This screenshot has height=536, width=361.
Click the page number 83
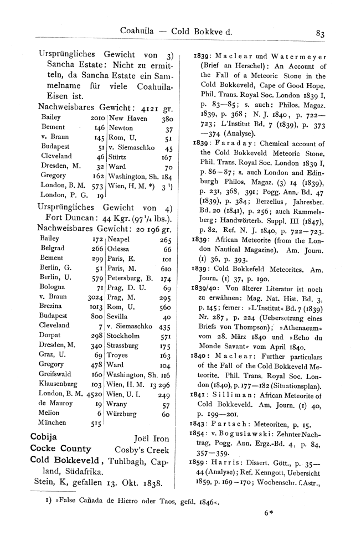320,32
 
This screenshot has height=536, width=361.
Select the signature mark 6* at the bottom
269,512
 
